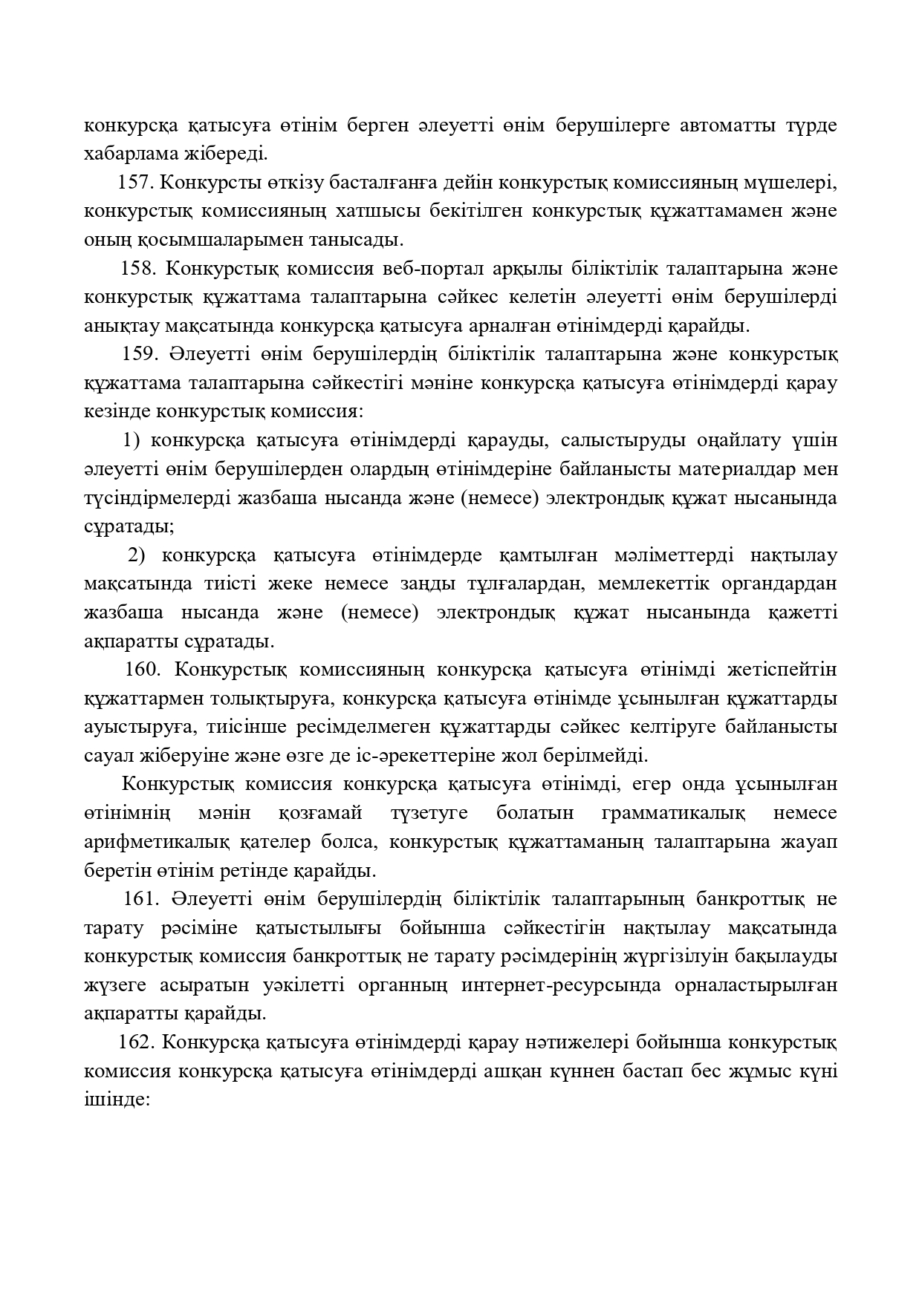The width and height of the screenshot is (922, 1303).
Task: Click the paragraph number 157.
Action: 135,183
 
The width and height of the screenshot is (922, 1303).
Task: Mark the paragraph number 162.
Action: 136,1042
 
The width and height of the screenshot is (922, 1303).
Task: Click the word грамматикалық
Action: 672,813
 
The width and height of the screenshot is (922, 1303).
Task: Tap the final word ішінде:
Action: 118,1100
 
